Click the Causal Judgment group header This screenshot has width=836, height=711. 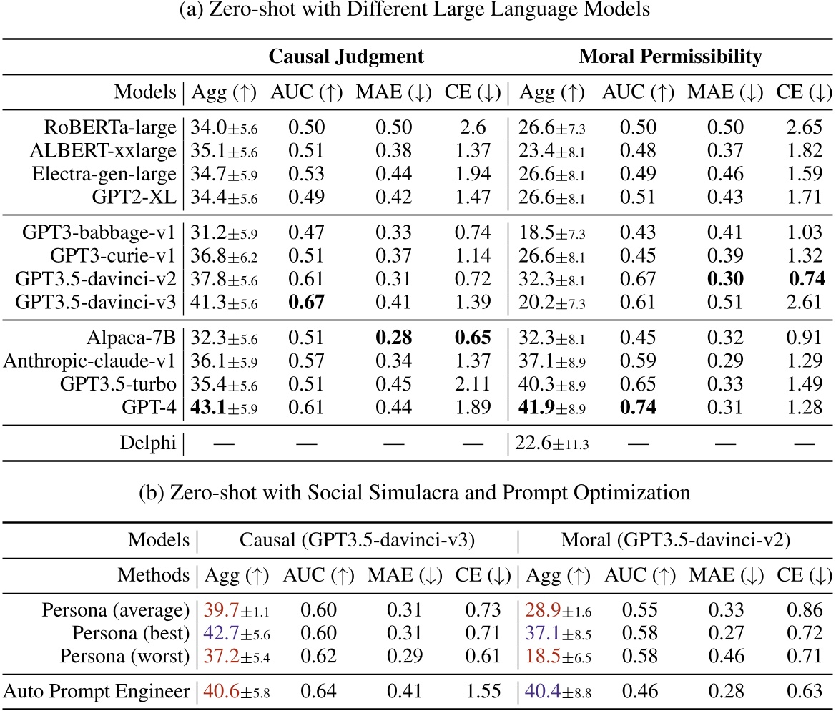(x=346, y=56)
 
